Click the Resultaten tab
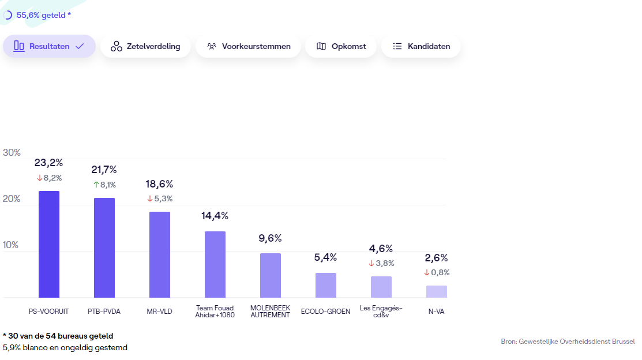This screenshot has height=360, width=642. click(x=49, y=46)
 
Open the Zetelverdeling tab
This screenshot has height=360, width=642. click(x=145, y=46)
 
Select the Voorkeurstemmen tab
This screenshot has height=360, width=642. click(x=248, y=46)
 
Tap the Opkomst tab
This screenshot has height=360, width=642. click(x=341, y=46)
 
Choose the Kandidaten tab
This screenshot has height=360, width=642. click(x=421, y=46)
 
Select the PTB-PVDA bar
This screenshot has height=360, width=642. click(x=104, y=247)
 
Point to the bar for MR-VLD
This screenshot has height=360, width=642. click(x=160, y=254)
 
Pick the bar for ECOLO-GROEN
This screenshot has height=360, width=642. click(x=326, y=285)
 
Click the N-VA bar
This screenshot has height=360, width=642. click(x=437, y=291)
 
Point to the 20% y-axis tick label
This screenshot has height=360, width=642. click(x=12, y=199)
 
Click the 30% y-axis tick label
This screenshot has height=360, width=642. click(x=12, y=153)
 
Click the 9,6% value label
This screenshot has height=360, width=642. click(x=271, y=238)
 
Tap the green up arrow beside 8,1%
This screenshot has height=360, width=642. click(x=96, y=185)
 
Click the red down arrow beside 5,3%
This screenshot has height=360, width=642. click(x=150, y=199)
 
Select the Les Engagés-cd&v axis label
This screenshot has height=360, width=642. click(x=381, y=312)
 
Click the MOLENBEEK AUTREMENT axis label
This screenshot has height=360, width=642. click(x=270, y=312)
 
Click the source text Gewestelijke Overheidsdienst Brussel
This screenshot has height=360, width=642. click(x=577, y=342)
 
